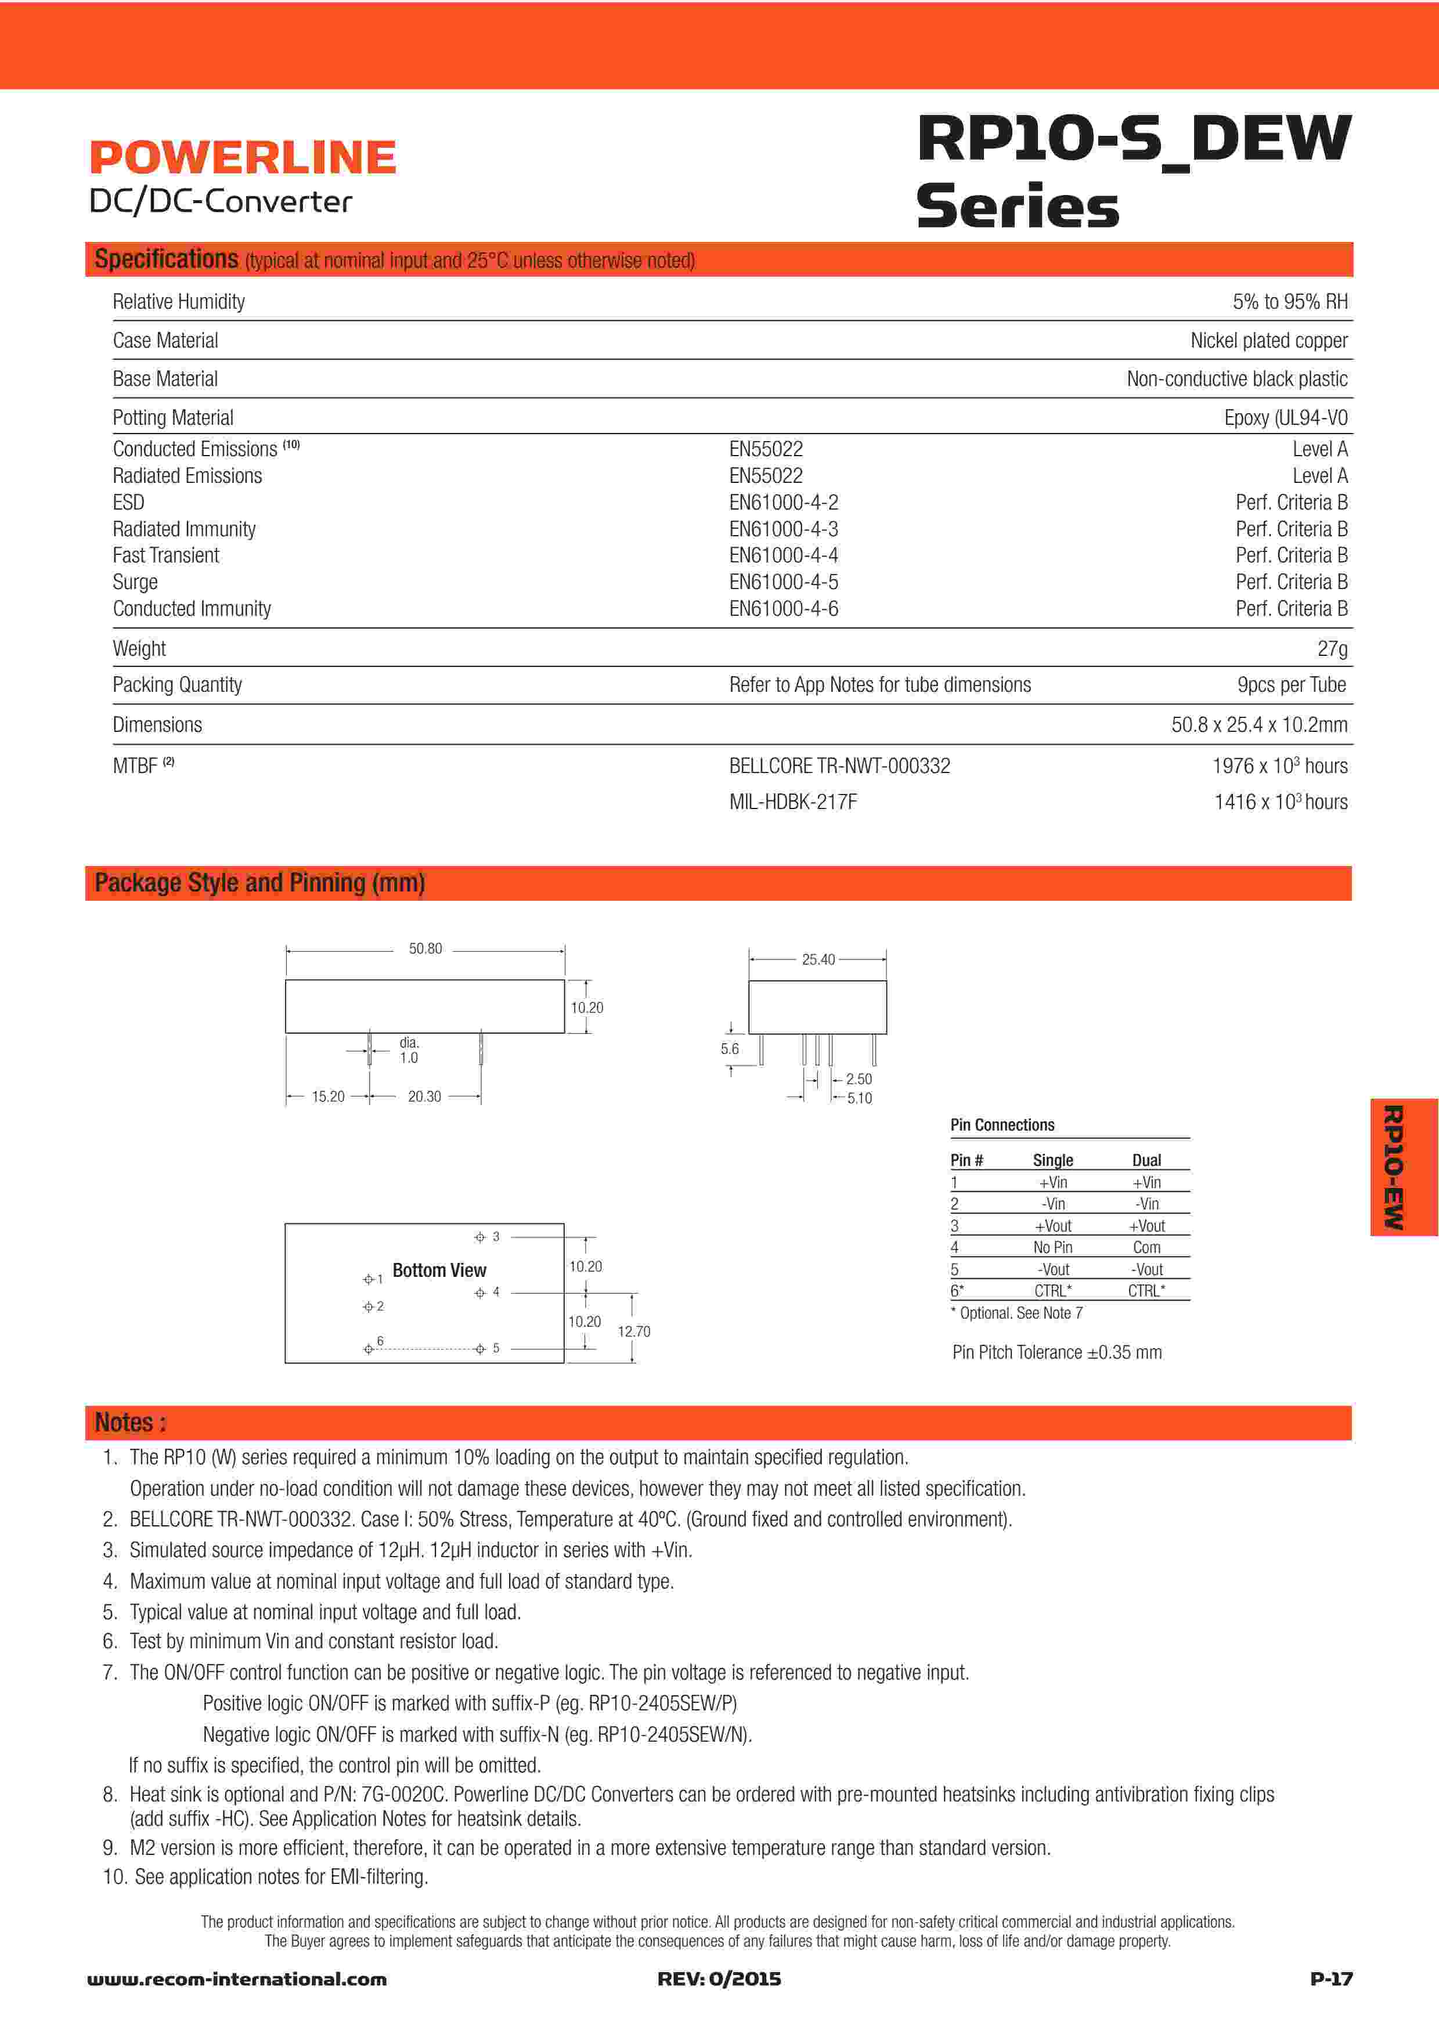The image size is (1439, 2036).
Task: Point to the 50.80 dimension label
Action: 425,949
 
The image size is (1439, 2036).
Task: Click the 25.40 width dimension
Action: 817,959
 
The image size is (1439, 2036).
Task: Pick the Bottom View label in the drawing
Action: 439,1270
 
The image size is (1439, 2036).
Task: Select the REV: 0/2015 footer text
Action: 719,1979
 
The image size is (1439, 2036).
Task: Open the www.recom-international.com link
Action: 237,1979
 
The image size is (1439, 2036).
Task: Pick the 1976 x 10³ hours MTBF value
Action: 1279,766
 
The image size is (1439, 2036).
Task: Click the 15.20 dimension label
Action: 327,1097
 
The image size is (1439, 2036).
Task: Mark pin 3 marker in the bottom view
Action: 479,1237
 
